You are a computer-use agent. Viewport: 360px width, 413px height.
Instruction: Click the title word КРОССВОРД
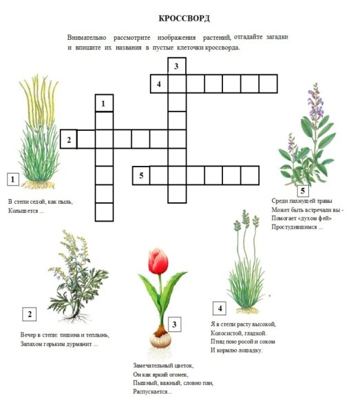click(184, 19)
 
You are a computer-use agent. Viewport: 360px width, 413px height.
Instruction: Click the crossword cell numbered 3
click(177, 66)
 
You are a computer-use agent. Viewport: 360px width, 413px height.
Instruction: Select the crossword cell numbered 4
click(159, 84)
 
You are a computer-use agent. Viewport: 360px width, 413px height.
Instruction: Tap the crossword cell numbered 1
click(105, 103)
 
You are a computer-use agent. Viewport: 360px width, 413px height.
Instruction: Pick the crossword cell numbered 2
click(69, 139)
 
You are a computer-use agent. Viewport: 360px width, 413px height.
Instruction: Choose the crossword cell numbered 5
click(141, 176)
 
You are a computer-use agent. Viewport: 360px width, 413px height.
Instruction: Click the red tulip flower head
click(158, 261)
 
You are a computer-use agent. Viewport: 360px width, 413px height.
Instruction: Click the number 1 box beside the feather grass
click(13, 180)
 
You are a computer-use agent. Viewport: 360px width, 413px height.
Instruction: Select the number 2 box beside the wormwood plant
click(29, 314)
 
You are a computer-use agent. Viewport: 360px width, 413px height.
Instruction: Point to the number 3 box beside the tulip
click(174, 324)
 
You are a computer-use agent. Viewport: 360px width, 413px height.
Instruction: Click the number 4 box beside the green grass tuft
click(220, 308)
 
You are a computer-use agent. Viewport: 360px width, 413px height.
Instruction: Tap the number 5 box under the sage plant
click(303, 191)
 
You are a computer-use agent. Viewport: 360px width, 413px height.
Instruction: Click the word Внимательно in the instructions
click(87, 38)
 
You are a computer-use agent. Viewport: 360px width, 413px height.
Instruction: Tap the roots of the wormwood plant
click(76, 317)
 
